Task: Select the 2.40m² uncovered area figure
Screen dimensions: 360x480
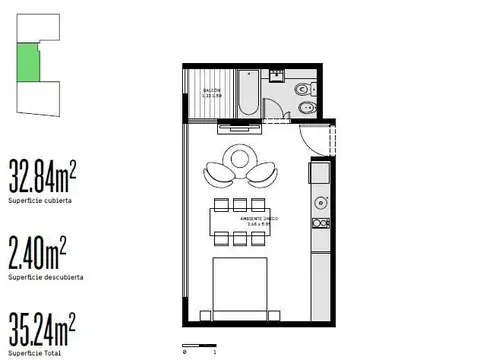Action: point(37,248)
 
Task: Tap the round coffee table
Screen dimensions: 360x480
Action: point(240,158)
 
